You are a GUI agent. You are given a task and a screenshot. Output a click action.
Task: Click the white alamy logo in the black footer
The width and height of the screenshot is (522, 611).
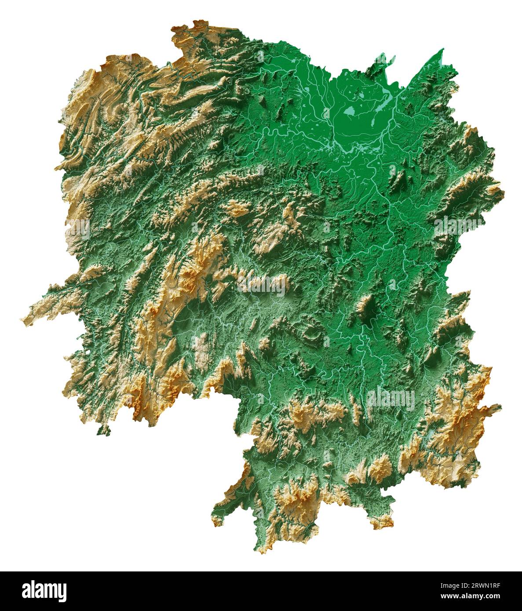point(44,591)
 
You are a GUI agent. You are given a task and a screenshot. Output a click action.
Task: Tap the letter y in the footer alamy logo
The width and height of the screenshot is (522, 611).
point(62,593)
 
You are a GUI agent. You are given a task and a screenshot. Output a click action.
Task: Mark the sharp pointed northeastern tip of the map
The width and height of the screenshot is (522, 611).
point(442,50)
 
